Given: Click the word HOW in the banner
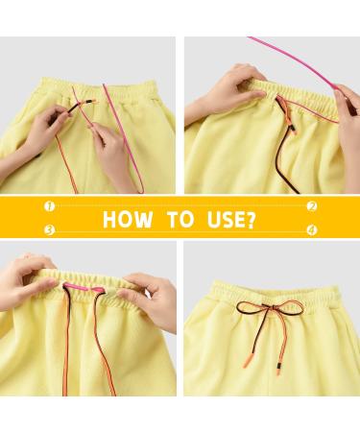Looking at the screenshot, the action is tap(128, 219).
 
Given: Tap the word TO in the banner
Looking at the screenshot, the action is tap(180, 219).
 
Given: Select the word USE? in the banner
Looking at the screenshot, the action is tap(231, 220).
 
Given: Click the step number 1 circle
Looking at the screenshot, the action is tap(49, 206).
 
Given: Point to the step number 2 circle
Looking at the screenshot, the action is tap(312, 206).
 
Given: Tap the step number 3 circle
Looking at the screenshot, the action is tap(49, 229).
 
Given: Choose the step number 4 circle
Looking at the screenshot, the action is tap(312, 229).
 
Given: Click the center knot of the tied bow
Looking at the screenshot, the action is tap(267, 306).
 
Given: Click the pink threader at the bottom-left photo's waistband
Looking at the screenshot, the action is tap(83, 287).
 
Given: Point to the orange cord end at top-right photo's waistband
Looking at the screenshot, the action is tap(286, 113).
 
